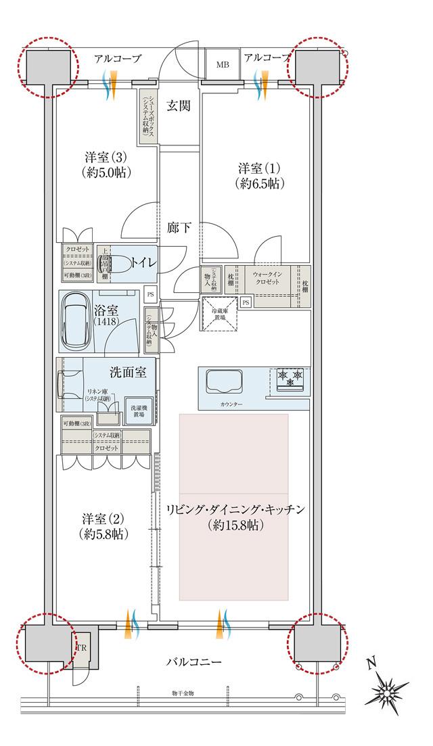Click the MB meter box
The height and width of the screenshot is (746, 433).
pos(223,65)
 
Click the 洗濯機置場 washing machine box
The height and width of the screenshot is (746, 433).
pos(138,409)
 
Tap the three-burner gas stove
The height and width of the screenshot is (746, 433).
pos(289,379)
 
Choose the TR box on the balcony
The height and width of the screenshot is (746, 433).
pos(81,648)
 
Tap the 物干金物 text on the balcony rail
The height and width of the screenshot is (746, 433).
pos(183,693)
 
